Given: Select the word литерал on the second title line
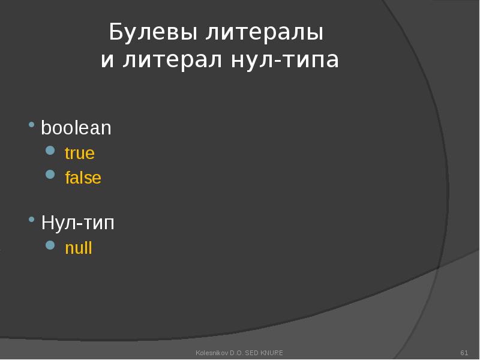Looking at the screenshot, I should pyautogui.click(x=174, y=61).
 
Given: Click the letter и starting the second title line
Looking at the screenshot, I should pyautogui.click(x=107, y=61).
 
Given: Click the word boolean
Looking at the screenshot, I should pyautogui.click(x=76, y=128).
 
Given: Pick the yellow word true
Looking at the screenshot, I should pyautogui.click(x=80, y=153).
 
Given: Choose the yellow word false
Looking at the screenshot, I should pyautogui.click(x=83, y=178).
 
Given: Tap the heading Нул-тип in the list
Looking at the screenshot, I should pyautogui.click(x=77, y=223).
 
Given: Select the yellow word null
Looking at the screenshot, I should pyautogui.click(x=79, y=248).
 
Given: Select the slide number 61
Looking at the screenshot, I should pyautogui.click(x=464, y=352).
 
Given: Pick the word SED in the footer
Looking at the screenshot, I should pyautogui.click(x=251, y=352).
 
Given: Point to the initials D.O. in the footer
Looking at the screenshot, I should pyautogui.click(x=234, y=352).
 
